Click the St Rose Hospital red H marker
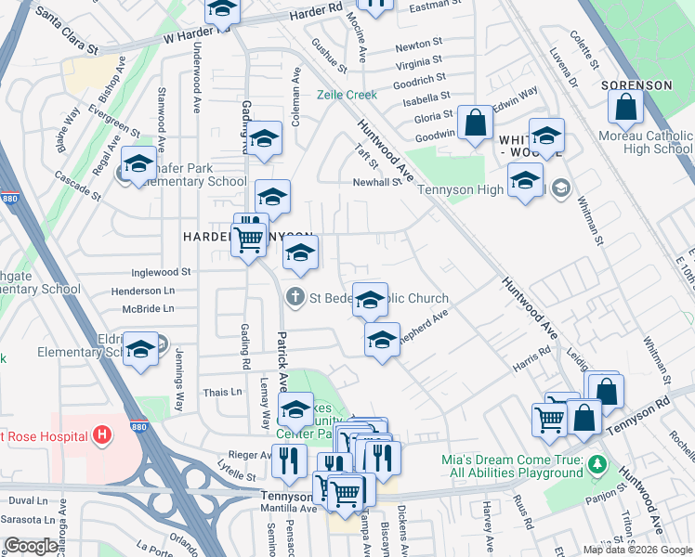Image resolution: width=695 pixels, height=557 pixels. (x=102, y=434)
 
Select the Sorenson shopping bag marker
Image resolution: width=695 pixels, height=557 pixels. (x=626, y=107)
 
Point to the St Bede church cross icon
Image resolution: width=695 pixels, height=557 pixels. (x=295, y=298)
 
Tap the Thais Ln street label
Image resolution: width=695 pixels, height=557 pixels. (x=223, y=393)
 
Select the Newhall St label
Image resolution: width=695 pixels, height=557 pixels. (x=376, y=182)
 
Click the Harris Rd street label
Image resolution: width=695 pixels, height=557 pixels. (x=531, y=357)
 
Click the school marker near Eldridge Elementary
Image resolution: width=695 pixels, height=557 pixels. (x=140, y=350)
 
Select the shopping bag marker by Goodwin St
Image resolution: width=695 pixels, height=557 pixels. (x=475, y=123)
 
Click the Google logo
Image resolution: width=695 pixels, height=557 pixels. (x=31, y=546)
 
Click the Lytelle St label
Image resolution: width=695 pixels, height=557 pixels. (x=236, y=476)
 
